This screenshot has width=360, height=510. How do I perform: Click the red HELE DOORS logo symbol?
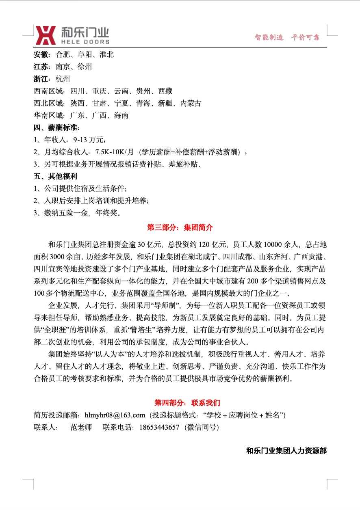46,35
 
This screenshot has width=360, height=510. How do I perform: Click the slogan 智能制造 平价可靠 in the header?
287,37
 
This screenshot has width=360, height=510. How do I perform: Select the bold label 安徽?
41,54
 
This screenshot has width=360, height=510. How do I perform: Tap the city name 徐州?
85,67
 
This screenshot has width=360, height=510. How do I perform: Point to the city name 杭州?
63,79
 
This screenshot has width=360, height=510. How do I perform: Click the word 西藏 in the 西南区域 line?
165,91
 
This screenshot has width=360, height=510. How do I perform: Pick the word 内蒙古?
191,103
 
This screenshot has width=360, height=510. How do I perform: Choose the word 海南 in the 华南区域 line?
121,115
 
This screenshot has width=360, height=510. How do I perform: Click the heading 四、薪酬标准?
56,128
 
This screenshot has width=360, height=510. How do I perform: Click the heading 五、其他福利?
55,177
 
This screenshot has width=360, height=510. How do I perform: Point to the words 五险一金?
74,212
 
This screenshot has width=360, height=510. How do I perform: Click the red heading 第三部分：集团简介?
180,227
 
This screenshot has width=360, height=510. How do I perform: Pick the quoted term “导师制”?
165,305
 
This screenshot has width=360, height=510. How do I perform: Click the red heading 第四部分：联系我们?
187,403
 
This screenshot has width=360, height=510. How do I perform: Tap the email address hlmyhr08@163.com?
115,415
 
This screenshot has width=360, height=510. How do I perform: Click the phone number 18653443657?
159,427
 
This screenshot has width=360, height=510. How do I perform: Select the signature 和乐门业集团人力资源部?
286,451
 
